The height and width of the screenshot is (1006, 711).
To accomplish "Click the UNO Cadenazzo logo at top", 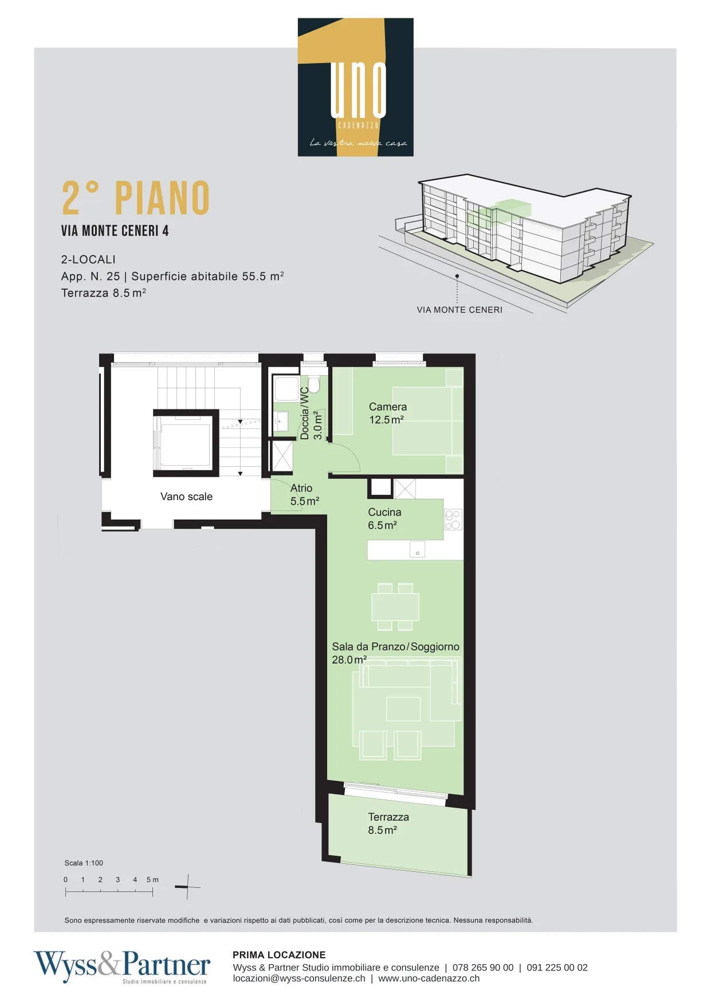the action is coord(355,87).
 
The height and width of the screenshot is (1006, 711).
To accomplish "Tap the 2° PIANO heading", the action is coord(136,198).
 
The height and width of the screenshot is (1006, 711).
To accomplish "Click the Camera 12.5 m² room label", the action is coord(387,413).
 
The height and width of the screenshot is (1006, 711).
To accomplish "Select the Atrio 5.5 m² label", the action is coord(304,494).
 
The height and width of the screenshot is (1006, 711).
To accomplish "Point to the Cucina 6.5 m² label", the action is coord(384,518).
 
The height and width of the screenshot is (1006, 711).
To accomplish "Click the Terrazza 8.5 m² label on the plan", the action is coord(388,824).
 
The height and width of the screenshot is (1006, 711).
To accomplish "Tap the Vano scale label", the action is coord(186,497).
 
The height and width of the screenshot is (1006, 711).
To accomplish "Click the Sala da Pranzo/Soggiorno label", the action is coord(395,647).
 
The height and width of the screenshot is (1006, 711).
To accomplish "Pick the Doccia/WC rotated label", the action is coord(305,413).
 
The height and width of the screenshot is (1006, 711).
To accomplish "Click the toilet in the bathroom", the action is coord(314,384).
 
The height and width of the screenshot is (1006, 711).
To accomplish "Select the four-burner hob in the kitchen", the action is coord(453,520).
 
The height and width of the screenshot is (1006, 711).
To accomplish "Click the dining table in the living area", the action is coord(395,607).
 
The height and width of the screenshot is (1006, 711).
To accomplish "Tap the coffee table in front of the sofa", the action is coord(403,709).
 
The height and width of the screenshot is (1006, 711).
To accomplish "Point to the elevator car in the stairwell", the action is coord(186,442).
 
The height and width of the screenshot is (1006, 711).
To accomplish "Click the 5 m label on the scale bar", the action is coord(152,879).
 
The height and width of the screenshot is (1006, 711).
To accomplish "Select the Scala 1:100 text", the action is coord(84,863).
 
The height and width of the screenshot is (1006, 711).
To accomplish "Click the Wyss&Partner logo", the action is coord(122,966).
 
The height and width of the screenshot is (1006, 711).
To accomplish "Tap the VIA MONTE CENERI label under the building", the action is coord(459,310).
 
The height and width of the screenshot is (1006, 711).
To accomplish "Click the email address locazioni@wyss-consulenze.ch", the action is coord(299,978).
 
